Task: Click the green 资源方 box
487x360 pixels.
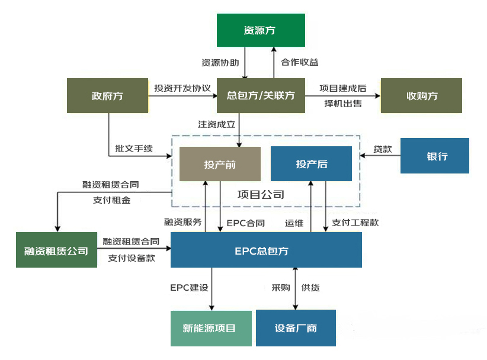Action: click(x=260, y=30)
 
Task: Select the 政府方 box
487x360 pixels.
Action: click(x=107, y=95)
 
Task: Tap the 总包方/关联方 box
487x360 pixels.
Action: click(x=261, y=95)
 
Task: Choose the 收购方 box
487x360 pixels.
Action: click(x=421, y=95)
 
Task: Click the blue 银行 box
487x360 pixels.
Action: click(x=434, y=156)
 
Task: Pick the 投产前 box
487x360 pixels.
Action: click(x=220, y=164)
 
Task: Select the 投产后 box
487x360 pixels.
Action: click(x=311, y=164)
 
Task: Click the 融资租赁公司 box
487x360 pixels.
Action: click(x=56, y=250)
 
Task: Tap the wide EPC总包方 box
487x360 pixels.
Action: click(x=265, y=250)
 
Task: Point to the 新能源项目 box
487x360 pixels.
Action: click(x=212, y=328)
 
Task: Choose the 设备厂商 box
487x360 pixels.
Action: click(x=296, y=328)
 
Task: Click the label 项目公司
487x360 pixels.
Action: click(x=260, y=194)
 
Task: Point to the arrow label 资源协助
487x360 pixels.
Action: click(x=220, y=62)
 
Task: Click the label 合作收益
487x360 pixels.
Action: click(x=299, y=62)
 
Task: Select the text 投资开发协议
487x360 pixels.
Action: click(x=182, y=88)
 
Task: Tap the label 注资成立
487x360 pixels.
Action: click(x=216, y=124)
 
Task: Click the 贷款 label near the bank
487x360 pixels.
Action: click(x=383, y=149)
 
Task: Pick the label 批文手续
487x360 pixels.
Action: click(x=134, y=149)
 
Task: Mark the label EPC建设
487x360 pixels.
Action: click(x=189, y=288)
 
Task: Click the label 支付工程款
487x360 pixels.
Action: click(x=355, y=223)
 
